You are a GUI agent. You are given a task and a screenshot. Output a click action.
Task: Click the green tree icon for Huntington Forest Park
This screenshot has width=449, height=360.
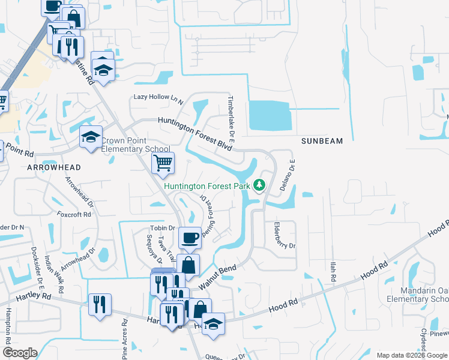260,185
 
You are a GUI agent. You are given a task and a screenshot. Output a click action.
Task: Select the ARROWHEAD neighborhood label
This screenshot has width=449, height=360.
50,169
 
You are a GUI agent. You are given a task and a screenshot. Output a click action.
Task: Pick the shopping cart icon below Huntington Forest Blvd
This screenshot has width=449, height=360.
163,163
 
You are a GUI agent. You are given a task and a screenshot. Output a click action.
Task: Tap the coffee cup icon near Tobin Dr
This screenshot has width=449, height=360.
190,237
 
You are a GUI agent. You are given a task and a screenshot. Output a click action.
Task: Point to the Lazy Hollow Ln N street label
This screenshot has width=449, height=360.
157,97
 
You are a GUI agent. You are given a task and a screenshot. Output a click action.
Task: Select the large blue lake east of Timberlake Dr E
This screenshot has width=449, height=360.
270,115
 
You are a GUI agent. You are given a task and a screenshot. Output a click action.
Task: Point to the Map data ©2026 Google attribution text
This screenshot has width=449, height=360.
411,355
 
